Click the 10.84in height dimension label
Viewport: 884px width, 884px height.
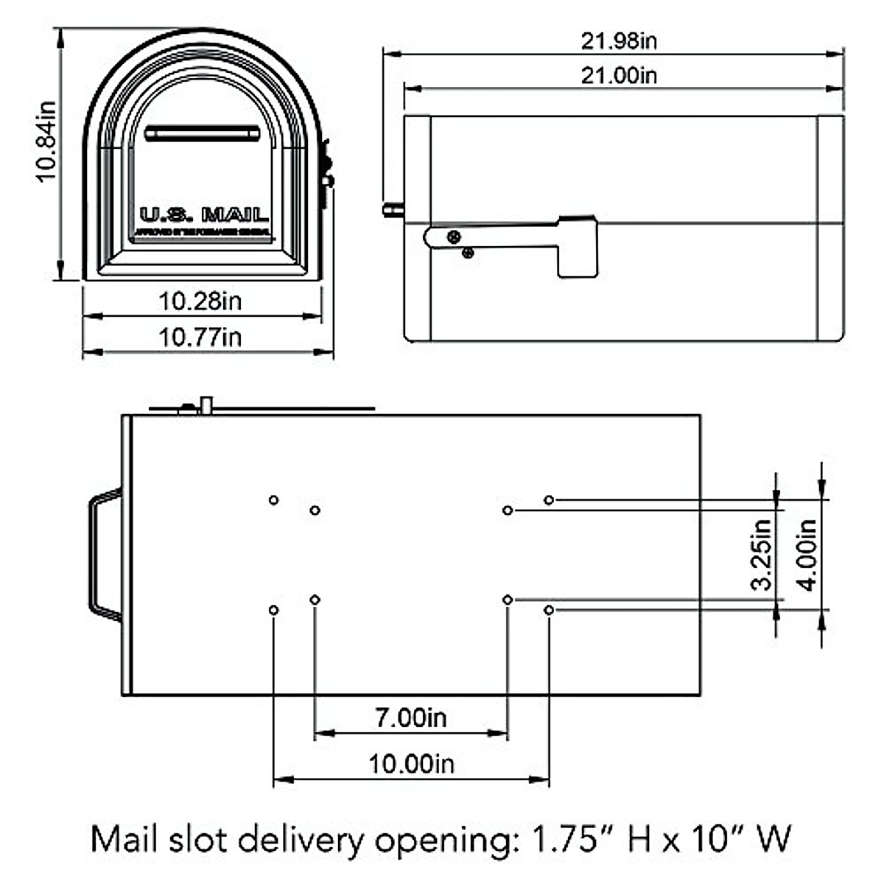[47, 141]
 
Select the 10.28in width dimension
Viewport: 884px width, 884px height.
[200, 301]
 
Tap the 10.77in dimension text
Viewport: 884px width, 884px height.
[200, 337]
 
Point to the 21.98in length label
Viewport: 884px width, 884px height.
[619, 41]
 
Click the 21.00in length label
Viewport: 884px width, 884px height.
[619, 75]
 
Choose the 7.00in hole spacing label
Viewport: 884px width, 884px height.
[411, 718]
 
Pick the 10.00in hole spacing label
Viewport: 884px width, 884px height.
[411, 764]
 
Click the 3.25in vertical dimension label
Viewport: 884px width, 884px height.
[762, 554]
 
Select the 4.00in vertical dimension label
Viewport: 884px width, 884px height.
[807, 554]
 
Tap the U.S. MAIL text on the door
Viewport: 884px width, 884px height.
[204, 215]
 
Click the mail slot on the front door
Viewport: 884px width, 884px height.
[203, 133]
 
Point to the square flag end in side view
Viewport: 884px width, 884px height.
[578, 247]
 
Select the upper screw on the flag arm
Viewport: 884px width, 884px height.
[454, 236]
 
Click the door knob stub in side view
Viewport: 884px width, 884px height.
[393, 210]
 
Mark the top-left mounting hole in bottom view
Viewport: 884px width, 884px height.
[273, 500]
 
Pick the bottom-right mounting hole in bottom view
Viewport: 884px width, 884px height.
[549, 610]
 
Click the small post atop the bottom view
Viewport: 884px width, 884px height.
[207, 405]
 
